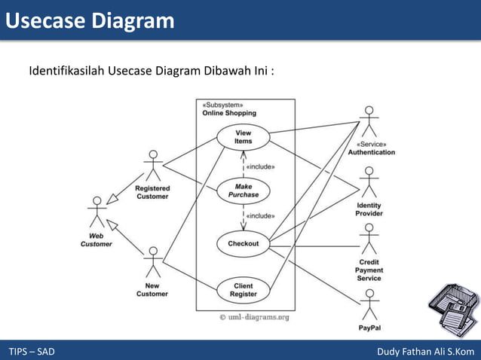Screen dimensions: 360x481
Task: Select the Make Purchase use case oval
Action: pyautogui.click(x=243, y=190)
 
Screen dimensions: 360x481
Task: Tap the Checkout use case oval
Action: pyautogui.click(x=243, y=244)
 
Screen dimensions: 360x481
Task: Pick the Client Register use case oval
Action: pyautogui.click(x=243, y=290)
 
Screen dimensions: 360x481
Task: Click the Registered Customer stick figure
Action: pyautogui.click(x=153, y=166)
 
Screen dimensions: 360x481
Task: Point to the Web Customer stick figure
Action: pyautogui.click(x=97, y=212)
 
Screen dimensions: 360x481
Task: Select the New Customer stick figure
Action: pyautogui.click(x=153, y=262)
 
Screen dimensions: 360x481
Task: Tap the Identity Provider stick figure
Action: pyautogui.click(x=369, y=182)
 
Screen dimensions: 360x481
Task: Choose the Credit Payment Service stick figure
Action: pyautogui.click(x=369, y=239)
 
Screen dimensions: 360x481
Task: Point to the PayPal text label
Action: pyautogui.click(x=369, y=328)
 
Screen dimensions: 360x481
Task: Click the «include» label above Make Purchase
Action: pyautogui.click(x=261, y=166)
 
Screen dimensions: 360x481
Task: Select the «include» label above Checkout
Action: pyautogui.click(x=261, y=215)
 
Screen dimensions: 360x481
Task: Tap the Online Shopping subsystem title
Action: pyautogui.click(x=228, y=113)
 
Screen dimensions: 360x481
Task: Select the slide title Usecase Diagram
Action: pyautogui.click(x=90, y=20)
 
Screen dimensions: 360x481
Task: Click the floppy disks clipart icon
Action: pyautogui.click(x=452, y=310)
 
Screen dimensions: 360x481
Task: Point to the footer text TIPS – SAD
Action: pyautogui.click(x=32, y=352)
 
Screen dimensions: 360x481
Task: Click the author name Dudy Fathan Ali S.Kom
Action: pyautogui.click(x=426, y=352)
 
